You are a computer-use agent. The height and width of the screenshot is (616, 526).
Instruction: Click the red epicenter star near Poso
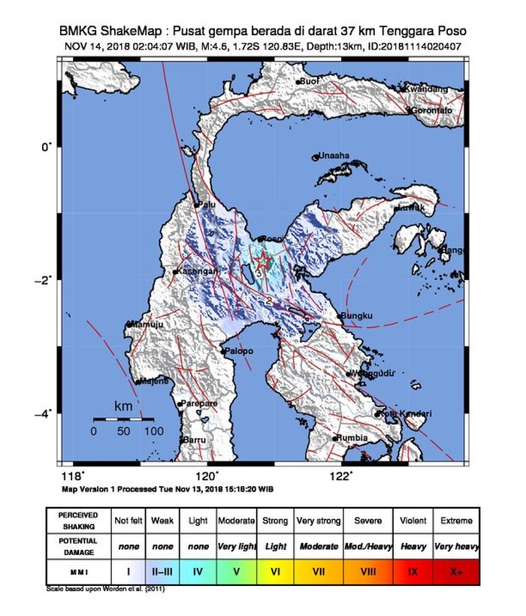(x=262, y=261)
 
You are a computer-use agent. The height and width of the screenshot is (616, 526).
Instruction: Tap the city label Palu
(x=207, y=204)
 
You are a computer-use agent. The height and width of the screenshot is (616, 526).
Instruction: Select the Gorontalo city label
(x=432, y=110)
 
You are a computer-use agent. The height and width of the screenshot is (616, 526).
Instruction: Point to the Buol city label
(x=310, y=80)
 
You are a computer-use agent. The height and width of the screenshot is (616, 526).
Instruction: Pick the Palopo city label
(x=238, y=351)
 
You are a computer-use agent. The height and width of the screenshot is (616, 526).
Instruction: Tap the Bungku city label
(x=357, y=316)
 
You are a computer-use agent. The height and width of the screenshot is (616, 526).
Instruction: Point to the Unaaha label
(x=334, y=156)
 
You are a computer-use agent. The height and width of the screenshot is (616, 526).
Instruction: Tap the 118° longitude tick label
(x=72, y=475)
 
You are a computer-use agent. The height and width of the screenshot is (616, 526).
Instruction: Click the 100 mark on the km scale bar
(x=153, y=431)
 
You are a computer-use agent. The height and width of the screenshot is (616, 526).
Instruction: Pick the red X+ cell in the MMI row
(x=456, y=572)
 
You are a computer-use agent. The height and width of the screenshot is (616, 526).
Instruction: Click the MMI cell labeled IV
(x=198, y=572)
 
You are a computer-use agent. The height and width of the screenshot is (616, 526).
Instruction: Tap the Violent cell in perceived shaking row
(x=413, y=520)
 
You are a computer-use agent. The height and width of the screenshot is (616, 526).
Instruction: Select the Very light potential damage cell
(x=236, y=546)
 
